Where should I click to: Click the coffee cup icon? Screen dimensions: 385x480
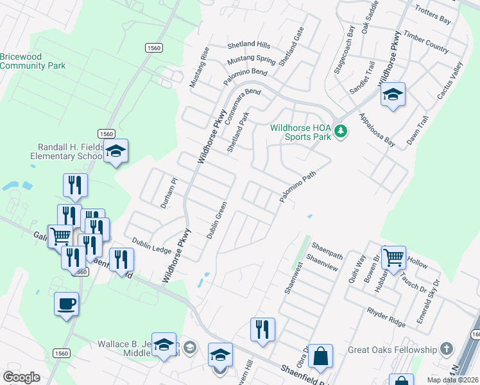click(x=65, y=303)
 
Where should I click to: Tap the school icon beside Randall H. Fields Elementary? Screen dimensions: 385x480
click(x=116, y=151)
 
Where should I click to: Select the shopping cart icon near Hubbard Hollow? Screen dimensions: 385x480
click(x=393, y=258)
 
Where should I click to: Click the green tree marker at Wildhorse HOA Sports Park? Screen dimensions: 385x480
click(x=341, y=132)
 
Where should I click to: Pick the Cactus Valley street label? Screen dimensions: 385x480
click(x=450, y=81)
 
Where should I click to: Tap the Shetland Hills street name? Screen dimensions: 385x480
click(x=249, y=46)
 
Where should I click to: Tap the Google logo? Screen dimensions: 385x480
click(x=22, y=377)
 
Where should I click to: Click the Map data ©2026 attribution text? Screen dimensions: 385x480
click(x=452, y=380)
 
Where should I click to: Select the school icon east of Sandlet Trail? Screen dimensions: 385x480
click(x=393, y=96)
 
